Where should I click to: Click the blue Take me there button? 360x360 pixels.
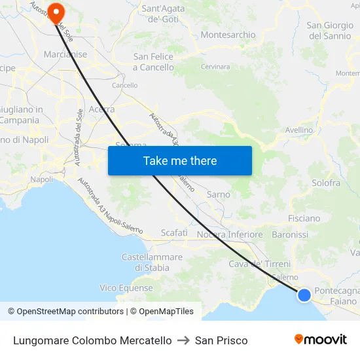pos(180,160)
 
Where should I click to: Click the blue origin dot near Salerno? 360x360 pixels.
pos(304,295)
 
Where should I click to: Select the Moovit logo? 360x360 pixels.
pos(321,340)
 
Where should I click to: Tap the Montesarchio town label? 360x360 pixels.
pos(228,35)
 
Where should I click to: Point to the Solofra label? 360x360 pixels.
pos(326,183)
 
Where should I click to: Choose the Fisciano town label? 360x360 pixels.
pos(304,219)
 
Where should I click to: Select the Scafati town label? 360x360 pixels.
pos(174,233)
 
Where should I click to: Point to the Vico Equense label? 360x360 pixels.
pos(126,288)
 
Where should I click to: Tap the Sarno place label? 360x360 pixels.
pos(219,194)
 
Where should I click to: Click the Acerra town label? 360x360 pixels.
pos(101,109)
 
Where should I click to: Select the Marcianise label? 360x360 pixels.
pos(65,54)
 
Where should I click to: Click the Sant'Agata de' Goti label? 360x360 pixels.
pos(163,14)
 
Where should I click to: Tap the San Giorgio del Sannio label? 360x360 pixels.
pos(329,31)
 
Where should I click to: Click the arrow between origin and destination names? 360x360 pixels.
pos(183,340)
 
